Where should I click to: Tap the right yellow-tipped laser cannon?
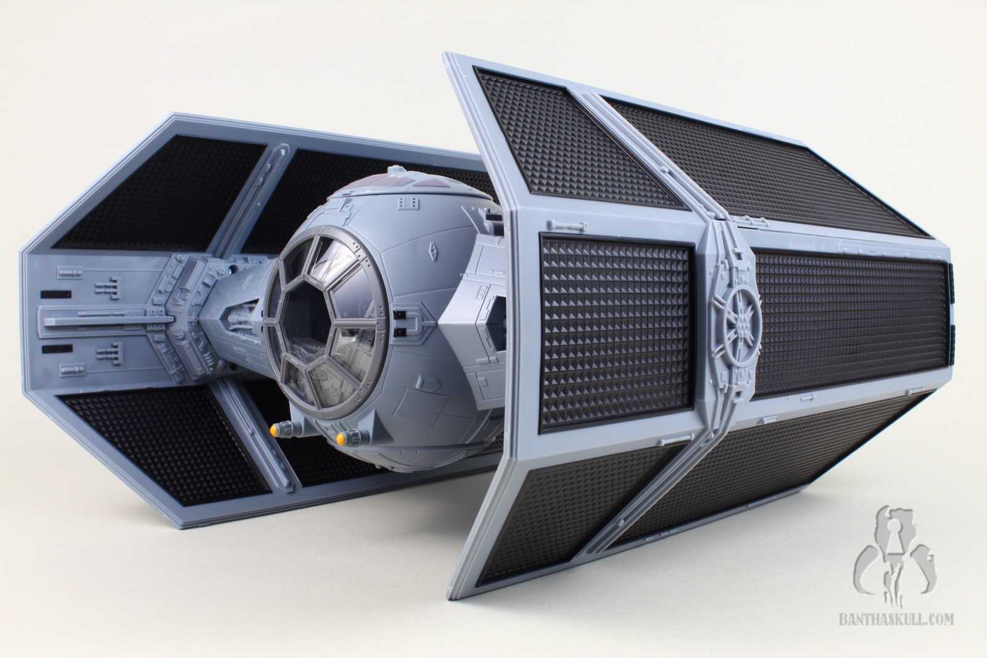pos(349,437)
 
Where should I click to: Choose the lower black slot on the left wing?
pos(56,349)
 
